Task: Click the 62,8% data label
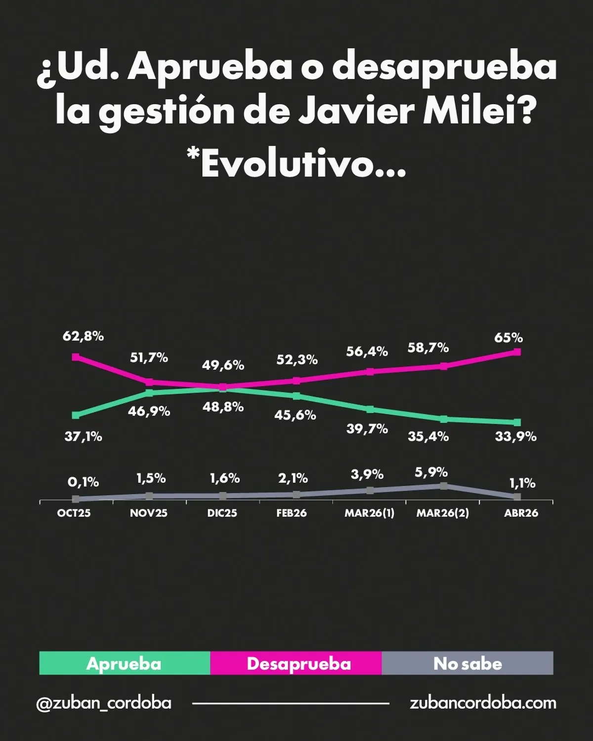coord(83,336)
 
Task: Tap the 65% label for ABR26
coord(508,338)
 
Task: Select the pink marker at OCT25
coord(76,357)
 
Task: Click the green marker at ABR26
coord(517,422)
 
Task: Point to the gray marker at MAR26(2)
coord(444,486)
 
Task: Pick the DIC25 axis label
coord(222,513)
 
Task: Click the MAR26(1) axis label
coord(369,513)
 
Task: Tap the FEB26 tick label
coord(292,513)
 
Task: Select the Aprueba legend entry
coord(125,663)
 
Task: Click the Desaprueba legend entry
coord(298,663)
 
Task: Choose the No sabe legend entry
coord(467,663)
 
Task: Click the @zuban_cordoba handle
coord(104,703)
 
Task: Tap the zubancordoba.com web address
coord(483,703)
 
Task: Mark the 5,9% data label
coord(431,472)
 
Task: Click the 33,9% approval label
coord(516,437)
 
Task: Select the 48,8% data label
coord(223,407)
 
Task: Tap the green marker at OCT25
coord(76,415)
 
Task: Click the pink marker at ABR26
coord(517,352)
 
